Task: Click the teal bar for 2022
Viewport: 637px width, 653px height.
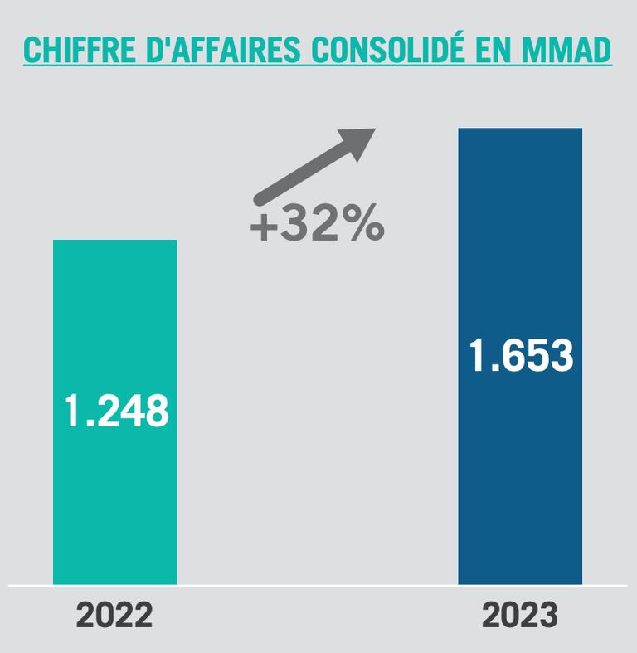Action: click(x=114, y=498)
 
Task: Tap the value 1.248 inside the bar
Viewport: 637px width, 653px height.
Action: click(x=116, y=411)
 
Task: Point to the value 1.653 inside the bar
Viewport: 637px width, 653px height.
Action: click(x=521, y=356)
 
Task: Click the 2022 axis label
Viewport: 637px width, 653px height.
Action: click(x=114, y=616)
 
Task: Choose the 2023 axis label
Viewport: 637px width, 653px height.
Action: click(x=520, y=616)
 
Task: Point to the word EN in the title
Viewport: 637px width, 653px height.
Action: click(x=508, y=51)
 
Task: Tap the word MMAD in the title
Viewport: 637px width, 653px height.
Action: click(x=575, y=51)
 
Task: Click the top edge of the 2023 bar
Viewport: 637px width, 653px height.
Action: click(x=520, y=129)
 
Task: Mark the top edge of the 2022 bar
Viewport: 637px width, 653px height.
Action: click(x=114, y=241)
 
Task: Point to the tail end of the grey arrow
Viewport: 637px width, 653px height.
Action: click(x=260, y=199)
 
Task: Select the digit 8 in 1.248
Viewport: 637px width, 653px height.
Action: click(x=155, y=411)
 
